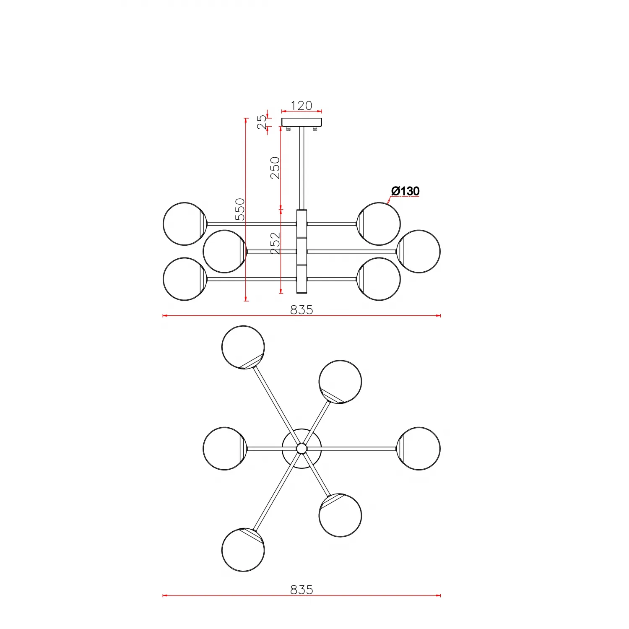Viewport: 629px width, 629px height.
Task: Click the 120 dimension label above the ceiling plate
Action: tap(302, 105)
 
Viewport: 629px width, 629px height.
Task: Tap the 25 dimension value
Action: tap(262, 122)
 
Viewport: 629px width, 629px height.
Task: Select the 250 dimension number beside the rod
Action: tap(275, 168)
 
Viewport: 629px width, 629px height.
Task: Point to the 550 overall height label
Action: tap(240, 209)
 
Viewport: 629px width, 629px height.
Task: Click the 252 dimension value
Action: tap(275, 244)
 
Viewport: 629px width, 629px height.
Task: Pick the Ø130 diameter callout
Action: tap(405, 191)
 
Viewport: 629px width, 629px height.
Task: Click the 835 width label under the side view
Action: tap(302, 309)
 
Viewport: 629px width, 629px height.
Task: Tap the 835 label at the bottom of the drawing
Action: tap(302, 590)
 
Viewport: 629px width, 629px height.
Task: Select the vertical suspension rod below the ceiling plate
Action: tap(302, 168)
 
